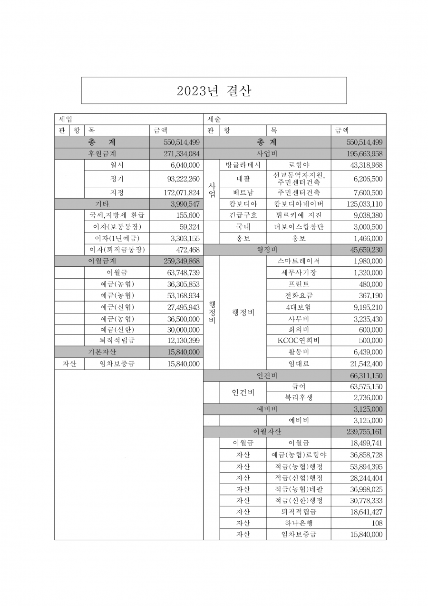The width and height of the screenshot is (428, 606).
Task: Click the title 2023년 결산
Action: click(214, 91)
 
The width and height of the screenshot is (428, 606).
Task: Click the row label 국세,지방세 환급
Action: click(117, 215)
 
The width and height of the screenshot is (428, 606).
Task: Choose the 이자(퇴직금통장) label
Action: click(117, 250)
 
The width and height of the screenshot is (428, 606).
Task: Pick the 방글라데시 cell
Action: click(243, 165)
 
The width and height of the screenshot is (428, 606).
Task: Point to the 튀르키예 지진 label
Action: click(299, 215)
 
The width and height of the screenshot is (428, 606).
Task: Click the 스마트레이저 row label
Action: click(299, 261)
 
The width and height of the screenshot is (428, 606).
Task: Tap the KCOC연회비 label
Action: click(299, 341)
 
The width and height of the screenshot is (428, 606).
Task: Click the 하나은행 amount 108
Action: click(377, 523)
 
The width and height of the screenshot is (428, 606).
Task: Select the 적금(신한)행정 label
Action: click(299, 501)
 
